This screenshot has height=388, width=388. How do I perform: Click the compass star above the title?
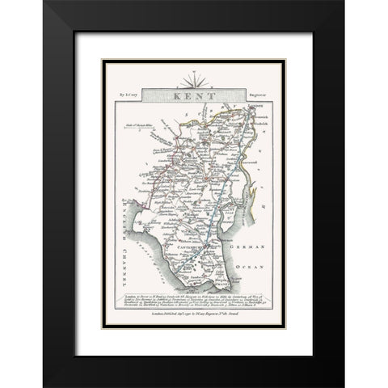[195, 82]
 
